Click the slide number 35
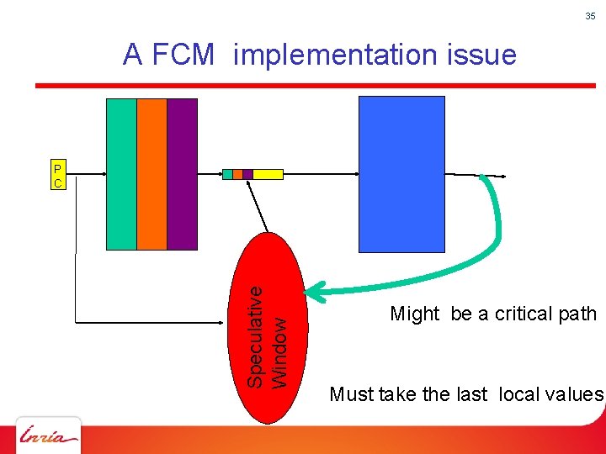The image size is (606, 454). pyautogui.click(x=590, y=16)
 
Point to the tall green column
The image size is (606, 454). pyautogui.click(x=121, y=174)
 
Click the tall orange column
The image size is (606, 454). pyautogui.click(x=151, y=174)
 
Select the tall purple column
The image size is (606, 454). pyautogui.click(x=182, y=174)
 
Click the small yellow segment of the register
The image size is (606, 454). pyautogui.click(x=268, y=174)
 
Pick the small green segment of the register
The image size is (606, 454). pyautogui.click(x=227, y=174)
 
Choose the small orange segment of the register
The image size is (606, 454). pyautogui.click(x=237, y=174)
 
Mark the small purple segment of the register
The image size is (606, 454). pyautogui.click(x=247, y=174)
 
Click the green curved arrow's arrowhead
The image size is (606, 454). pyautogui.click(x=313, y=292)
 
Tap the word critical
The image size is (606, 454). pyautogui.click(x=526, y=314)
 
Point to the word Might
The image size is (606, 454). pyautogui.click(x=415, y=314)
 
